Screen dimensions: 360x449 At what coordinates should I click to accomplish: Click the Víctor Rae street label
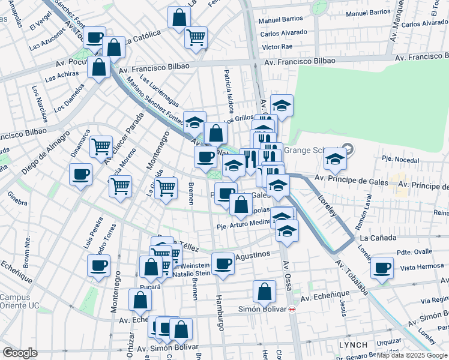coord(277,46)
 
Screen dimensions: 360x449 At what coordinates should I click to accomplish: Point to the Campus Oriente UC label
coord(19,301)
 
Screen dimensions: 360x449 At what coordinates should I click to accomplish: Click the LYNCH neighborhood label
coord(352,345)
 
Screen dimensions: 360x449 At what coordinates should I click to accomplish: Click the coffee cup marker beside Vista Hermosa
coord(382,268)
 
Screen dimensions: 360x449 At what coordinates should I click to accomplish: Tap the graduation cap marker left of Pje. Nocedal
coord(335,158)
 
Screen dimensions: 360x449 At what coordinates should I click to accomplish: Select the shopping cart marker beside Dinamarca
coord(101,145)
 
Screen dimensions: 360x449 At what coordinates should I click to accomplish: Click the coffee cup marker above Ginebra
coord(80,175)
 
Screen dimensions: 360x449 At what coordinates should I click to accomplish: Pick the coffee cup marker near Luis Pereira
coord(98,265)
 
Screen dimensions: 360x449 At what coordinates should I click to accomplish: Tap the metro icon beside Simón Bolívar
coord(292,309)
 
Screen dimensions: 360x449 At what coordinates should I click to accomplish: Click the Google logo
coord(20,353)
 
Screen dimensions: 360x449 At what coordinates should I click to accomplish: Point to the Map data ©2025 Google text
coord(412,355)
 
